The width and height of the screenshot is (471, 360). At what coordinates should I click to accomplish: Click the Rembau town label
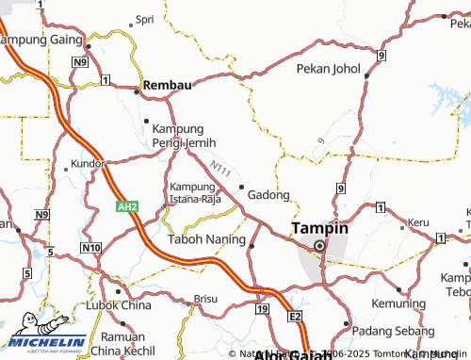click(167, 85)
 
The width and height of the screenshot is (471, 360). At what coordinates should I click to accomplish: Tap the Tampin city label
click(319, 228)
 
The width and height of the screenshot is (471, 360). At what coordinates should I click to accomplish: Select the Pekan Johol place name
click(328, 68)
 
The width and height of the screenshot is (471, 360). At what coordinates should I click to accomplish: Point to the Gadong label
click(268, 194)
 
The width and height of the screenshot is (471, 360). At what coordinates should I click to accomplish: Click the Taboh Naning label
click(206, 239)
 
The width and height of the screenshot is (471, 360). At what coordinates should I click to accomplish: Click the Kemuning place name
click(400, 306)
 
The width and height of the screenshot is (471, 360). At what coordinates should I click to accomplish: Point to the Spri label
click(145, 19)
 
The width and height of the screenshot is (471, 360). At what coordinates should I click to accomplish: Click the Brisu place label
click(205, 298)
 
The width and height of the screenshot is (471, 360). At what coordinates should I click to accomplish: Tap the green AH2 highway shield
click(128, 206)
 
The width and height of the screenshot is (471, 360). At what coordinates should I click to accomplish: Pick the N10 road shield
click(90, 248)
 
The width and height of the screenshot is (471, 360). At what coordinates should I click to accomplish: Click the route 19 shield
click(261, 309)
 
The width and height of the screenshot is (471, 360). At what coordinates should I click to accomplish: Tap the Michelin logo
click(44, 340)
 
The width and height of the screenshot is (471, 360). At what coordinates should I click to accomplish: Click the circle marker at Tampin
click(319, 246)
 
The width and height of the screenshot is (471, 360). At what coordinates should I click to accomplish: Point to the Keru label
click(417, 222)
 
